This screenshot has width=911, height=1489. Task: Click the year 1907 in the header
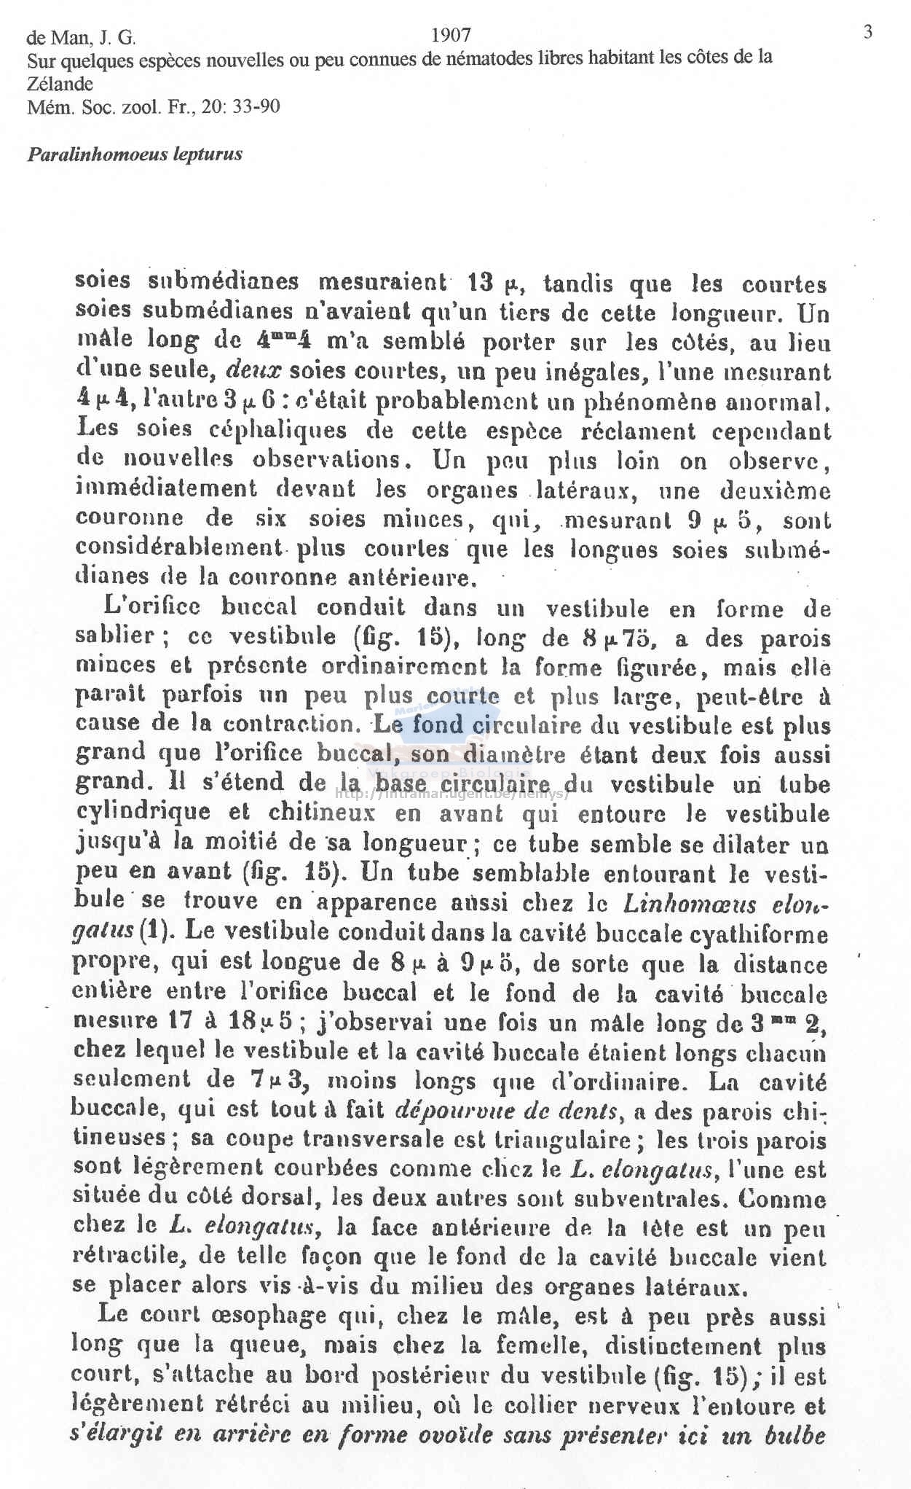pos(451,35)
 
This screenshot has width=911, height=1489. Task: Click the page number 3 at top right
pos(867,32)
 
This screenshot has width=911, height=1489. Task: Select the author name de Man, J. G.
pos(81,37)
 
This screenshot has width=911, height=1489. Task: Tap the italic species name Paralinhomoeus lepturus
pos(135,155)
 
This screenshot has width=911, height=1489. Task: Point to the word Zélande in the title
pos(60,84)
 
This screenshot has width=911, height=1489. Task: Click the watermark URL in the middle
pos(451,794)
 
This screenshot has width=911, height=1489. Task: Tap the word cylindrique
pos(143,812)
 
